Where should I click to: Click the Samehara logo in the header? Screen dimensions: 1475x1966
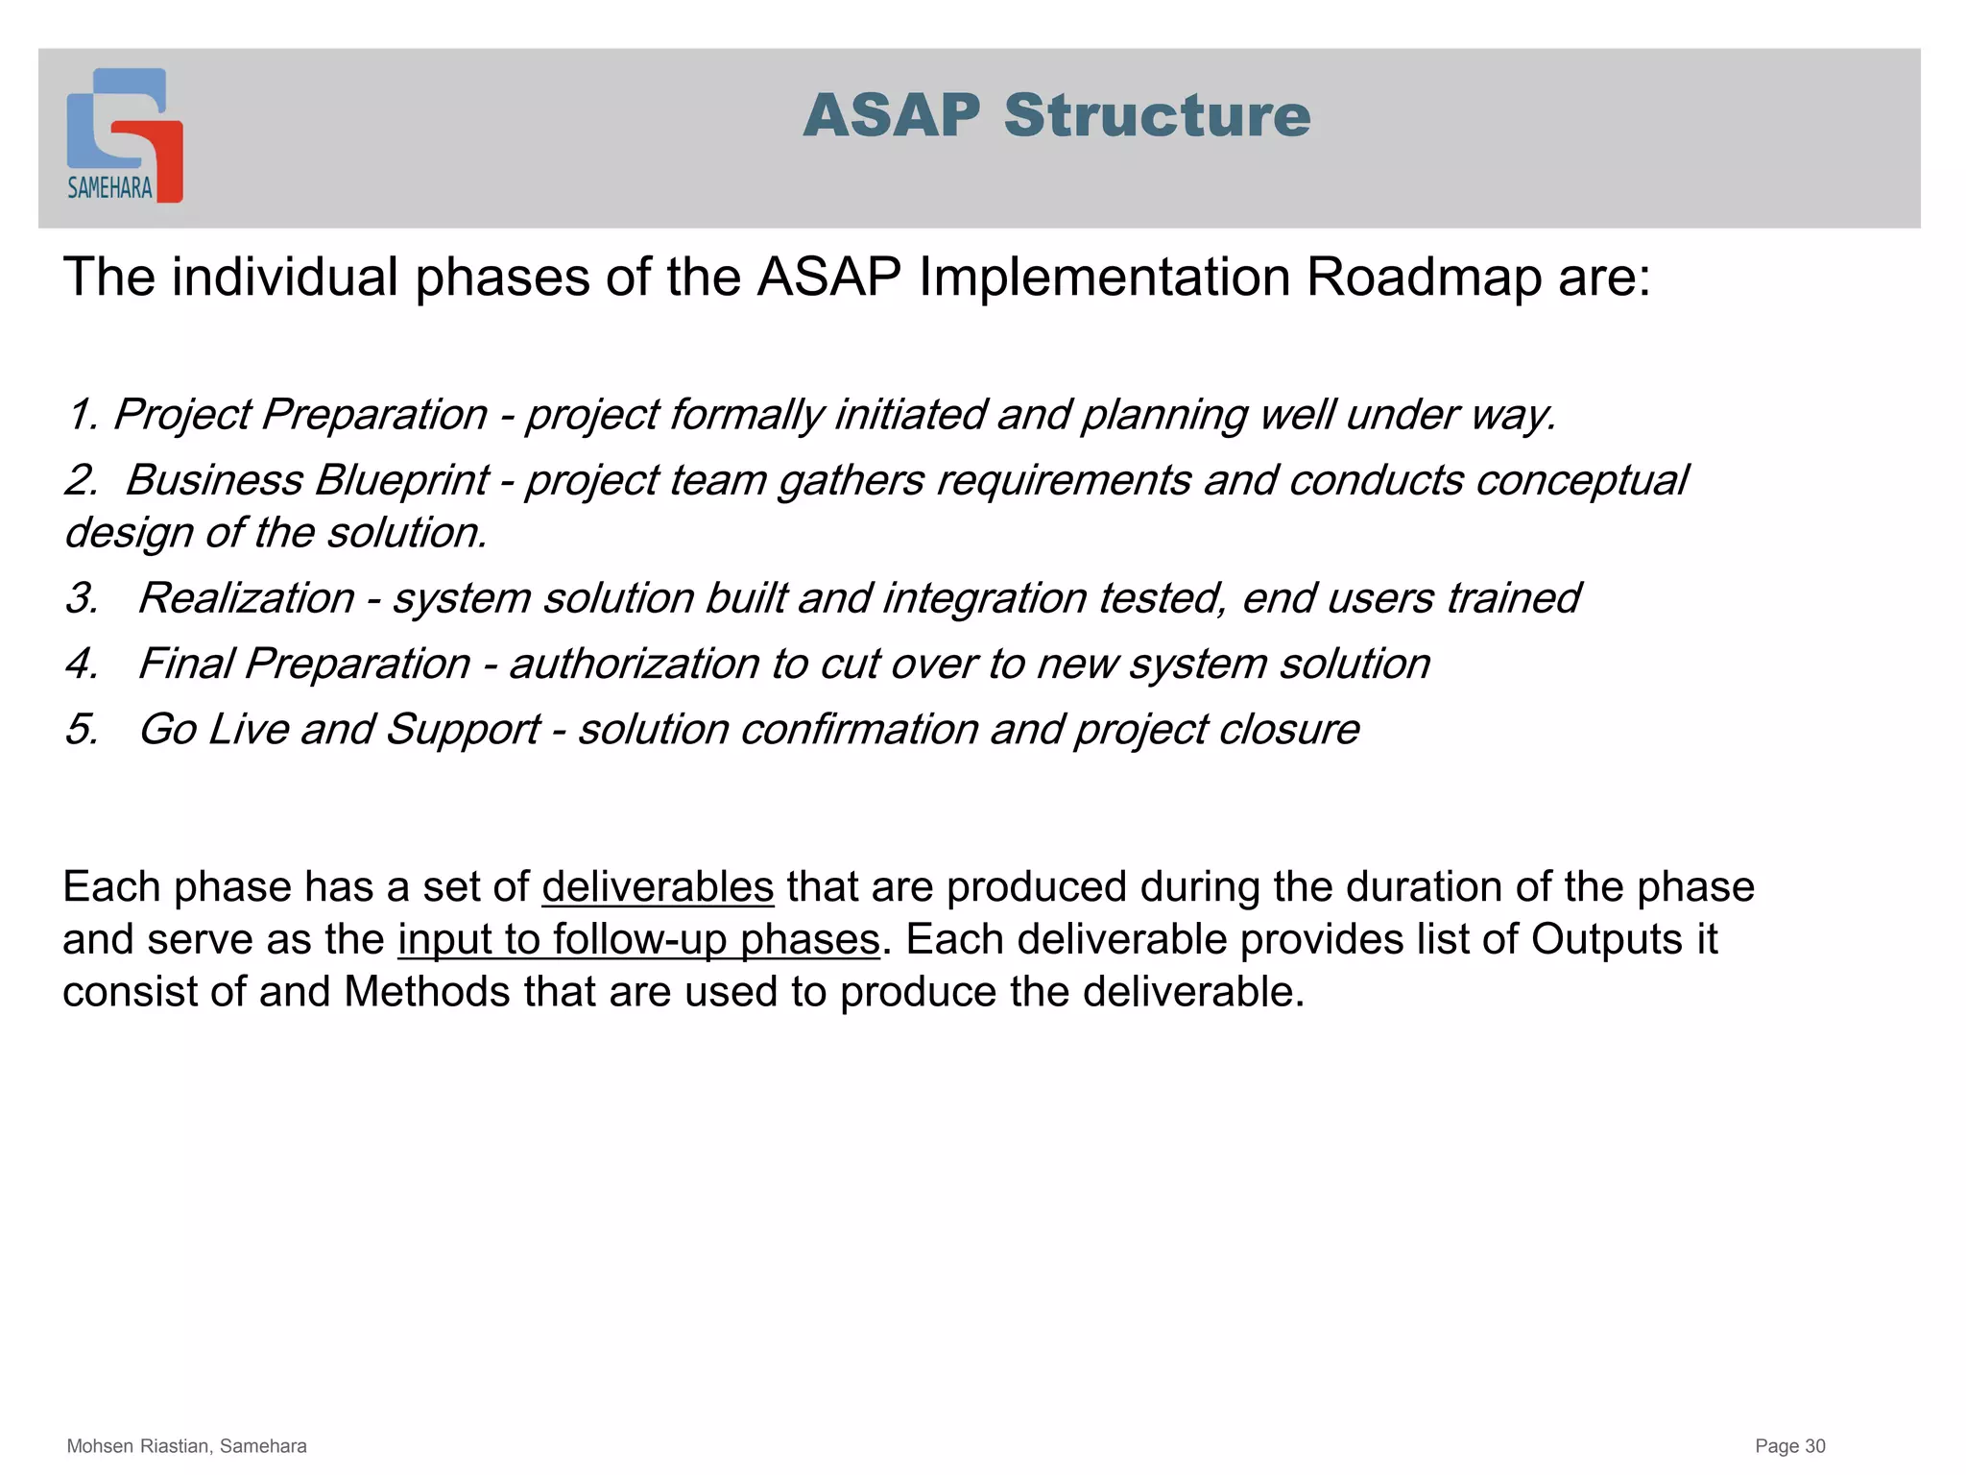(x=124, y=135)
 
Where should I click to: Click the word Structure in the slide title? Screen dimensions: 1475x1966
(x=1157, y=116)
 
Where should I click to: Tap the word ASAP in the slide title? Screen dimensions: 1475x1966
(x=892, y=116)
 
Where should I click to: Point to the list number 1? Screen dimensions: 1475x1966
(x=82, y=415)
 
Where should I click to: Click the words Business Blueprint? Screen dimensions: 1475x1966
(x=307, y=480)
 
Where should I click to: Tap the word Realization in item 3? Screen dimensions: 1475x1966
(x=247, y=598)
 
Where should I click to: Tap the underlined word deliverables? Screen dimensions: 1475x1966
(x=658, y=886)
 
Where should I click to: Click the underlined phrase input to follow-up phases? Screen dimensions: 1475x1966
(x=638, y=939)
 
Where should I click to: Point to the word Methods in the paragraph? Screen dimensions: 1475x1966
(x=426, y=992)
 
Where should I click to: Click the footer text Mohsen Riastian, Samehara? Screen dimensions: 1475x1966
(x=186, y=1446)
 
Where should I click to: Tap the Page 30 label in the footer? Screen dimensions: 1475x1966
(x=1789, y=1446)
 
